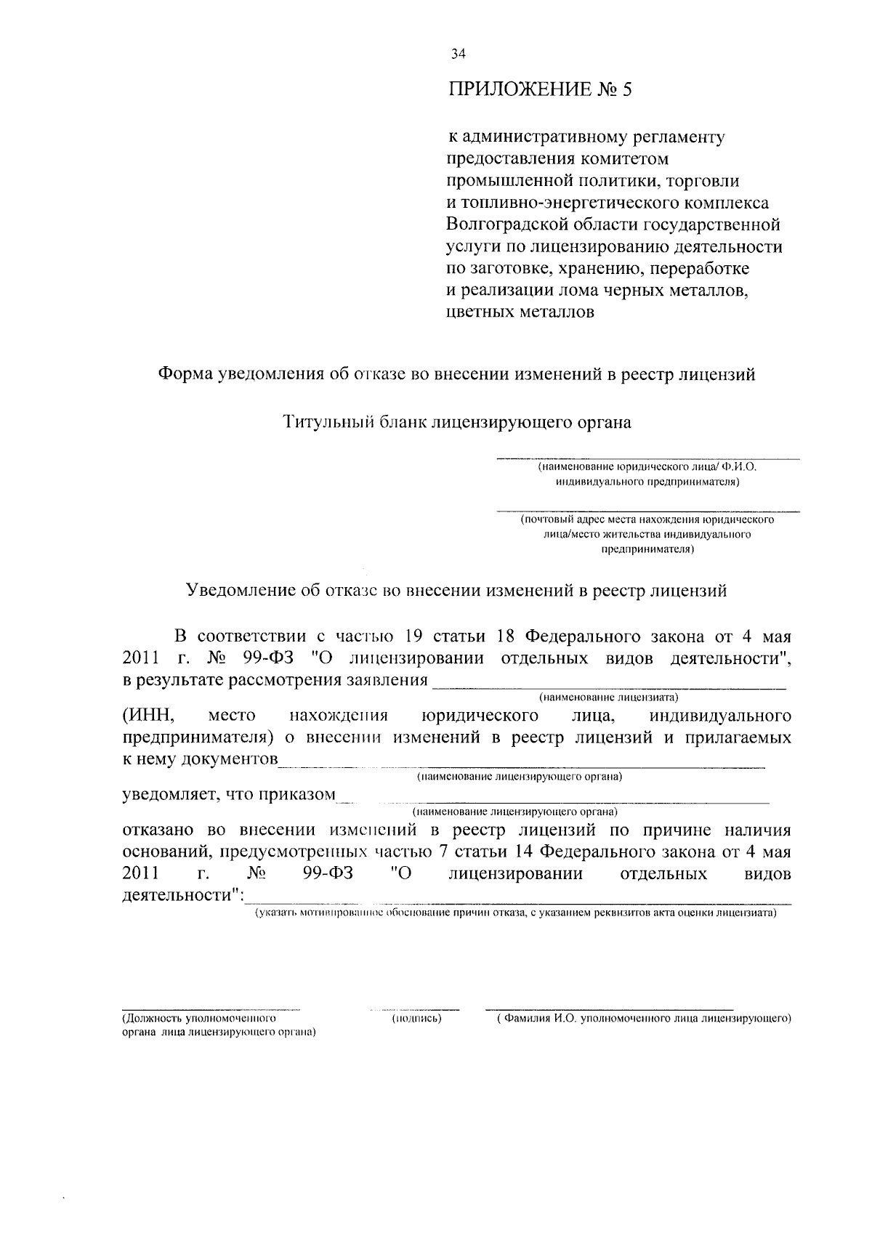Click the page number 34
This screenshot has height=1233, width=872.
pos(458,53)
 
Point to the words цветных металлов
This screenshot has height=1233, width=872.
pos(519,312)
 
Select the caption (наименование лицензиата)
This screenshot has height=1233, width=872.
pos(607,698)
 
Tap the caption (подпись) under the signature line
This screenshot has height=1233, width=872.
pos(416,1019)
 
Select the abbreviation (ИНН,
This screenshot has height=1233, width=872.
pos(146,716)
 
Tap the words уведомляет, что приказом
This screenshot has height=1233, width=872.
pos(228,794)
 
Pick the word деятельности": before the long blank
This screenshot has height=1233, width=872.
pos(182,895)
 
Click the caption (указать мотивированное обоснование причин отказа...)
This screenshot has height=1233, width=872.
pos(514,913)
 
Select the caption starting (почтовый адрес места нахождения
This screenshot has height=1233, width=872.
pos(647,520)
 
